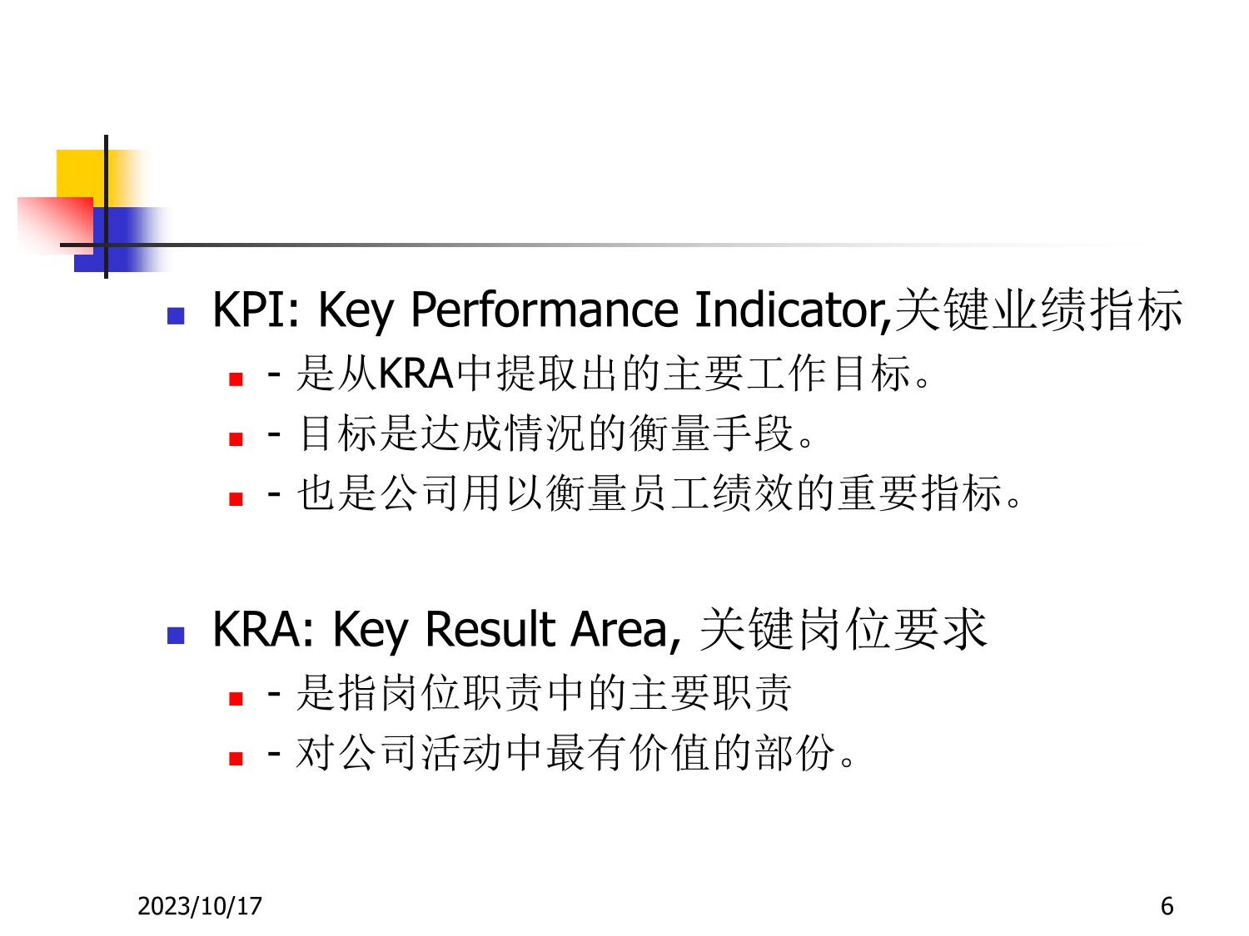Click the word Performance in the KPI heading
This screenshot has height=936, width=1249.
coord(544,310)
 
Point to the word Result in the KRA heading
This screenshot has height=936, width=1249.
coord(490,629)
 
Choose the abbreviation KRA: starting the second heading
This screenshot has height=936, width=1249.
coord(263,629)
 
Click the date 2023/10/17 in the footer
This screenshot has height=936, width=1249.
coord(200,906)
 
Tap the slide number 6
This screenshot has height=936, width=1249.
coord(1167,906)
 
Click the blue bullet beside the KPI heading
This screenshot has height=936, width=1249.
coord(176,316)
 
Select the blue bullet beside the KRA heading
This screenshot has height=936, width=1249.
coord(176,636)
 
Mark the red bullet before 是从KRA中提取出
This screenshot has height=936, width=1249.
coord(236,379)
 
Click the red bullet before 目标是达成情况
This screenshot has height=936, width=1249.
coord(236,438)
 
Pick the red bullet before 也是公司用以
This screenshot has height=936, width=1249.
coord(236,499)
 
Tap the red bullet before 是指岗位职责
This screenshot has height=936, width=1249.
coord(236,698)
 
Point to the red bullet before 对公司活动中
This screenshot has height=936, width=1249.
coord(236,758)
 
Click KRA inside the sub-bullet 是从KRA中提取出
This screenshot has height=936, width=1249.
coord(416,374)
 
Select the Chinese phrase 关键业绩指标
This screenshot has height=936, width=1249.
coord(1038,310)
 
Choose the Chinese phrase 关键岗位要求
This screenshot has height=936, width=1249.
coord(843,629)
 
